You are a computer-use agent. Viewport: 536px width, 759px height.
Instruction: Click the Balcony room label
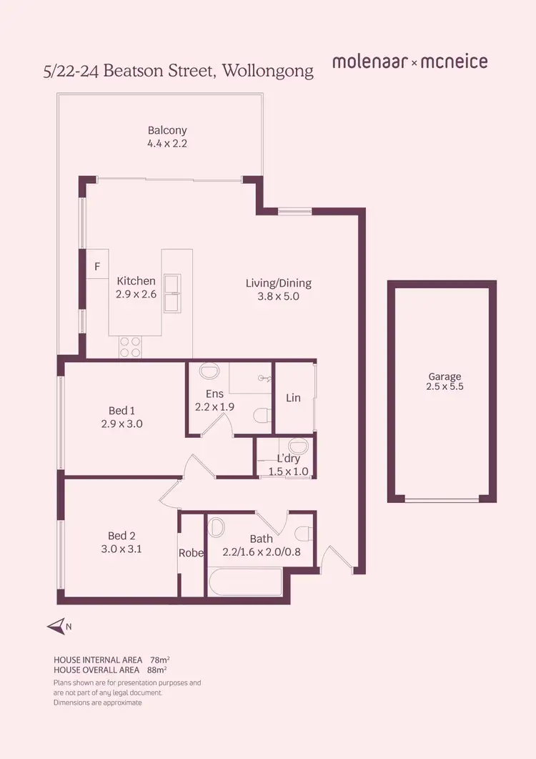(x=167, y=130)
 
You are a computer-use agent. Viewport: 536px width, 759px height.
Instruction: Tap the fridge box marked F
(x=97, y=266)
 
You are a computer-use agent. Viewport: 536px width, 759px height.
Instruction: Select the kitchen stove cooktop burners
(x=129, y=347)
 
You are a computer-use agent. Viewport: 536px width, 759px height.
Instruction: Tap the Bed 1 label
(x=121, y=410)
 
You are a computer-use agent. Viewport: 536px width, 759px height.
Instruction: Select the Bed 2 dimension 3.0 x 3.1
(x=121, y=549)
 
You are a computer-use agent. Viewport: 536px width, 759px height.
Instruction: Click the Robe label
(x=192, y=553)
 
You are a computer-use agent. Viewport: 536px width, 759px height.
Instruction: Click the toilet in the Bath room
(x=304, y=532)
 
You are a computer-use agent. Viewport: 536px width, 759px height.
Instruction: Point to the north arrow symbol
(x=57, y=627)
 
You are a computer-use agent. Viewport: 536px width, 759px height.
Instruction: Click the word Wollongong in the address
(x=268, y=71)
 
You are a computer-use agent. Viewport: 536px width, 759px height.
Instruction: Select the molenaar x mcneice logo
(x=410, y=62)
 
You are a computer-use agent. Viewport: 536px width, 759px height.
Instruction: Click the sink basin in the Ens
(x=209, y=372)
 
